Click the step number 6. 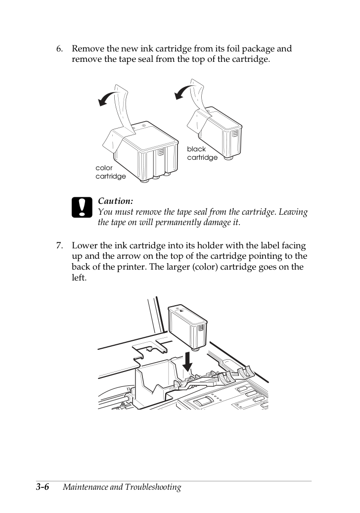[59, 49]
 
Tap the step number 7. [59, 246]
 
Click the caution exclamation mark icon [82, 207]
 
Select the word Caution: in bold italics [115, 201]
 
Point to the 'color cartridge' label [110, 172]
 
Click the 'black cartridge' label [202, 153]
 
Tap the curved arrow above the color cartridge [109, 98]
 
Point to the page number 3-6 [43, 487]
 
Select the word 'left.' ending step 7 [79, 278]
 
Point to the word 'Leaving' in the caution [294, 212]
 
